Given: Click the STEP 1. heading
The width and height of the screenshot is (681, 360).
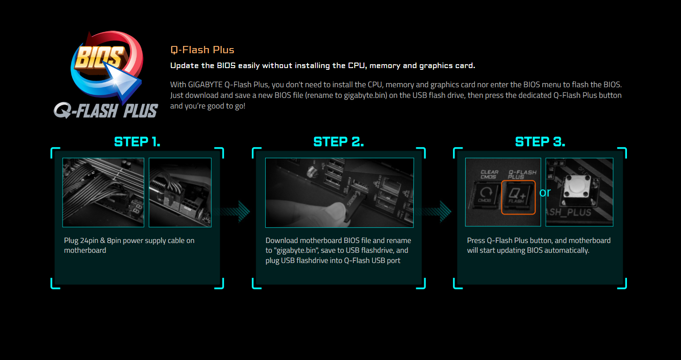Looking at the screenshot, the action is (137, 142).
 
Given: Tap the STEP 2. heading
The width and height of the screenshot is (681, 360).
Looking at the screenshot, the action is (339, 142).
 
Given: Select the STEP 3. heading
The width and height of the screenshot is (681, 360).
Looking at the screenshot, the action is (540, 142).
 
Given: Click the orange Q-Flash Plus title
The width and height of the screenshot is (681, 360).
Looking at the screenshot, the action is (202, 50).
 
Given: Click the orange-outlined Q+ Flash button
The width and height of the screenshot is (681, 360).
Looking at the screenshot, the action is (518, 197).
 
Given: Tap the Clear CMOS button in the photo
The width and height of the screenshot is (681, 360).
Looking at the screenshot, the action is (486, 196).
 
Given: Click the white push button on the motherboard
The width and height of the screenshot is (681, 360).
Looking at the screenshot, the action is (577, 186).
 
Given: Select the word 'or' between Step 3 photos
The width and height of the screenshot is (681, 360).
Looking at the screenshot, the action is (545, 192).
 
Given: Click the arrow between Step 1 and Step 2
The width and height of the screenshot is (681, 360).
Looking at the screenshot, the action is (235, 211).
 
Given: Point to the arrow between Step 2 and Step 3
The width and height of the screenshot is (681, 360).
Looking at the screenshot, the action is (436, 211).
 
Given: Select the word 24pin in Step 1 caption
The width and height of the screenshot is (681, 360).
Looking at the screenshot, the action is (89, 241).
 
